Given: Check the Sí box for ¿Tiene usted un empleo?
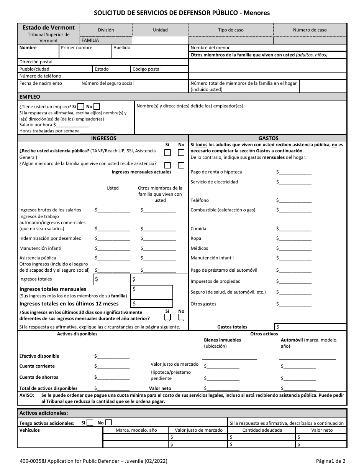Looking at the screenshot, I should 81,107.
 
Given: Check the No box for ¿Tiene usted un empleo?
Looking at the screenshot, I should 97,107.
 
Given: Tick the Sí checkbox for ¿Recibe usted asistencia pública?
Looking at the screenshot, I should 167,153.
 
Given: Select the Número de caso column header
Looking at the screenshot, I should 310,30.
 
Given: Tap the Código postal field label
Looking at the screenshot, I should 146,69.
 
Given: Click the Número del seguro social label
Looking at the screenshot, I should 108,83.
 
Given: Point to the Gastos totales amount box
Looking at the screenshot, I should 310,327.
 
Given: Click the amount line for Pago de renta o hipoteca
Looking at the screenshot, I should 295,172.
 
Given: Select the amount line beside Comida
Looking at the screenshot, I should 295,229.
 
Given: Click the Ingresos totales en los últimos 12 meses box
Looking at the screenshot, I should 152,304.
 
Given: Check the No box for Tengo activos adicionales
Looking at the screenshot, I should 109,422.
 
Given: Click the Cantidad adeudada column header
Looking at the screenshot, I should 262,430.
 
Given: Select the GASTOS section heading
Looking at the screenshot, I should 268,138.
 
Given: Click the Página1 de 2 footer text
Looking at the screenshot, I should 331,460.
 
